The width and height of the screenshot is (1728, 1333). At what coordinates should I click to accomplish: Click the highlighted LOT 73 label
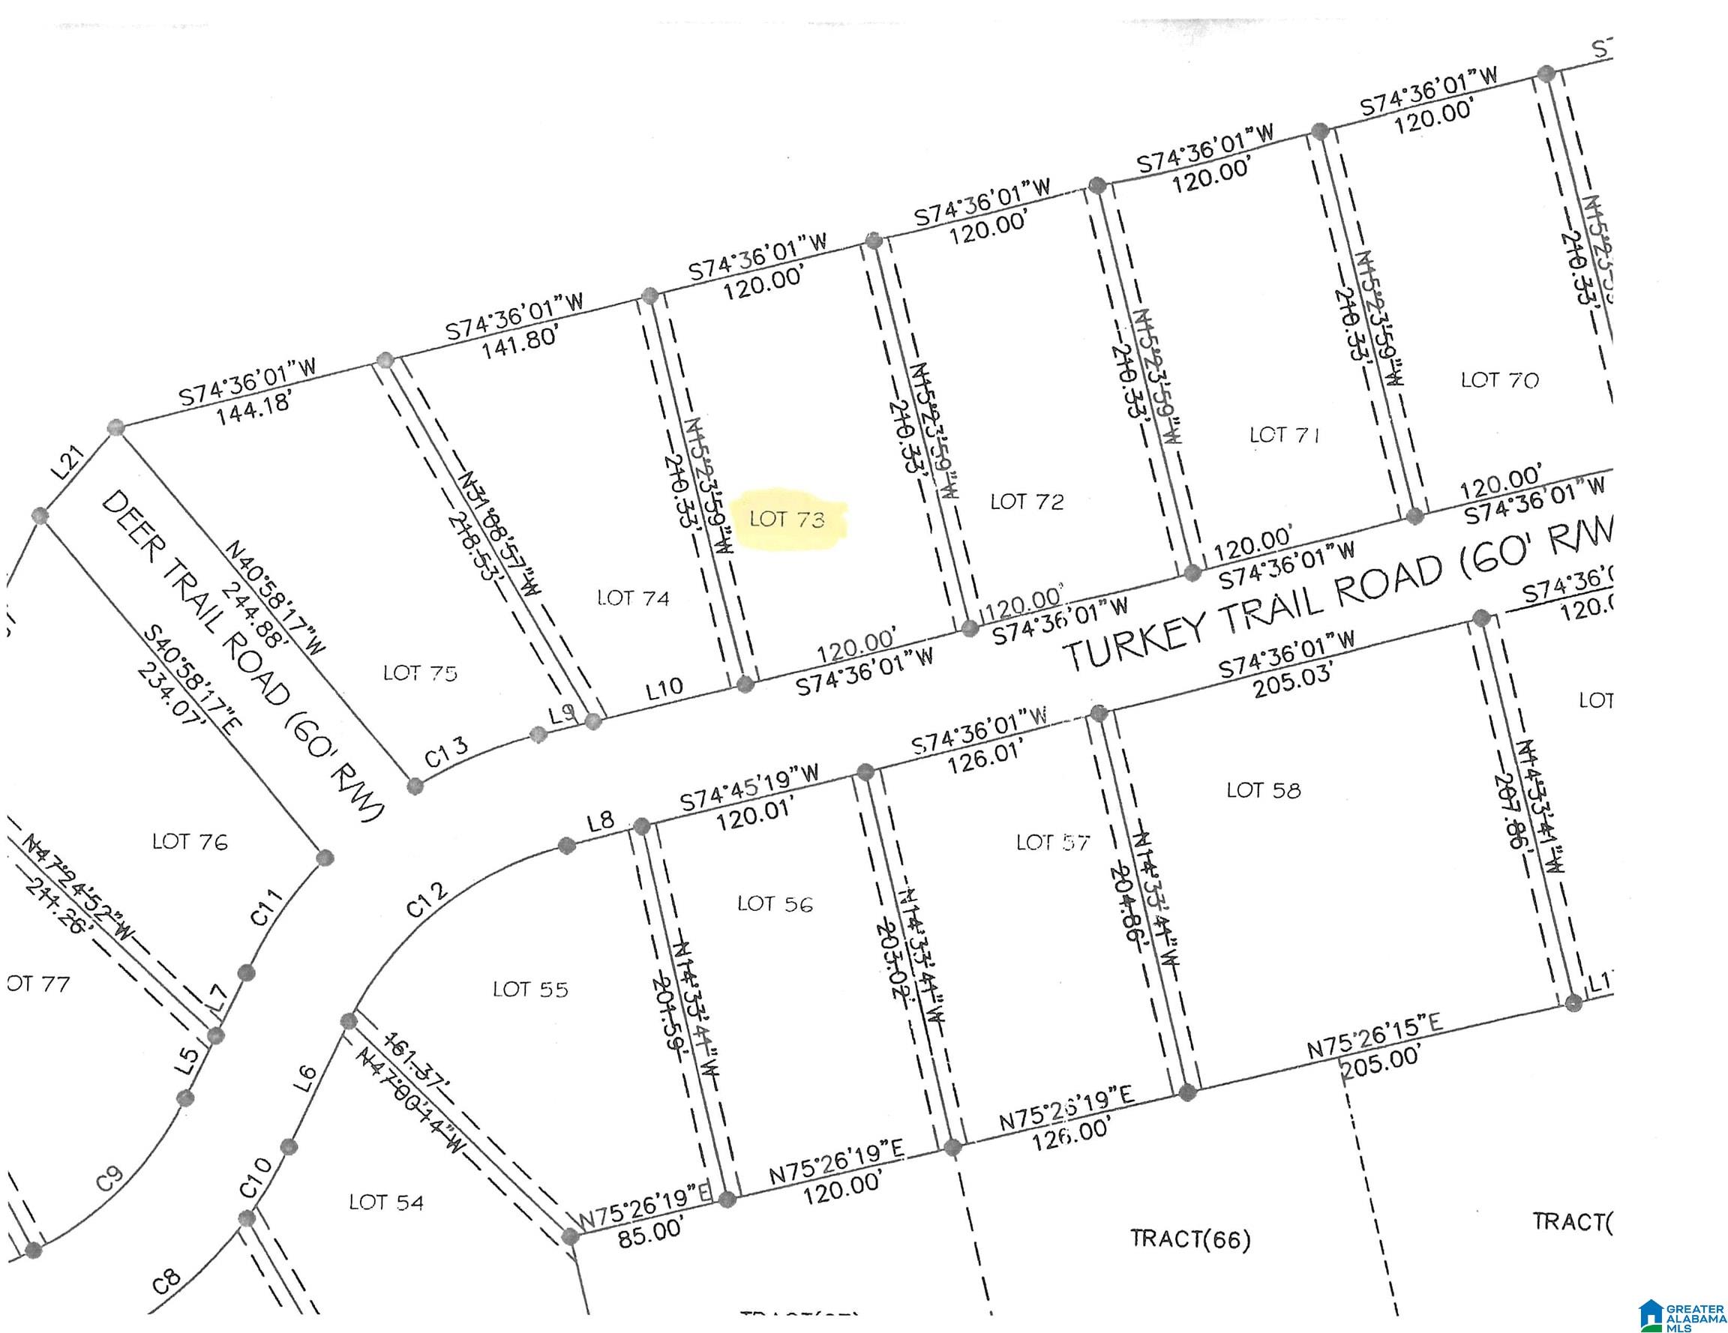click(x=787, y=519)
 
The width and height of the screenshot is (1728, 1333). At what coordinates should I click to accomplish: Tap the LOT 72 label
click(x=1027, y=502)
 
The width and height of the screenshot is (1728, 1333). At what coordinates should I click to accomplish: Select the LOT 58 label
click(x=1264, y=789)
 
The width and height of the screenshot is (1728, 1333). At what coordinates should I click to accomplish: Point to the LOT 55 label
click(x=530, y=989)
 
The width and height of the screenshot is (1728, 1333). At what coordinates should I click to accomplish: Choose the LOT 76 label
click(x=190, y=841)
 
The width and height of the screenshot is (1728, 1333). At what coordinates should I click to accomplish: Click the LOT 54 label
click(x=386, y=1203)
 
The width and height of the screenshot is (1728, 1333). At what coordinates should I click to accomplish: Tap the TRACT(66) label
click(x=1190, y=1239)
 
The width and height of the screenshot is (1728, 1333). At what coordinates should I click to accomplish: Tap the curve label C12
click(x=428, y=900)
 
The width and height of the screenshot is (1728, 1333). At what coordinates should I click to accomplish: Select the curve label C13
click(x=447, y=752)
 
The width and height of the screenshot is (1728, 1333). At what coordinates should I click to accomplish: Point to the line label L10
click(x=664, y=687)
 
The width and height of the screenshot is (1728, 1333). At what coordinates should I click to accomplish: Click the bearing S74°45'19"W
click(x=749, y=787)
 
